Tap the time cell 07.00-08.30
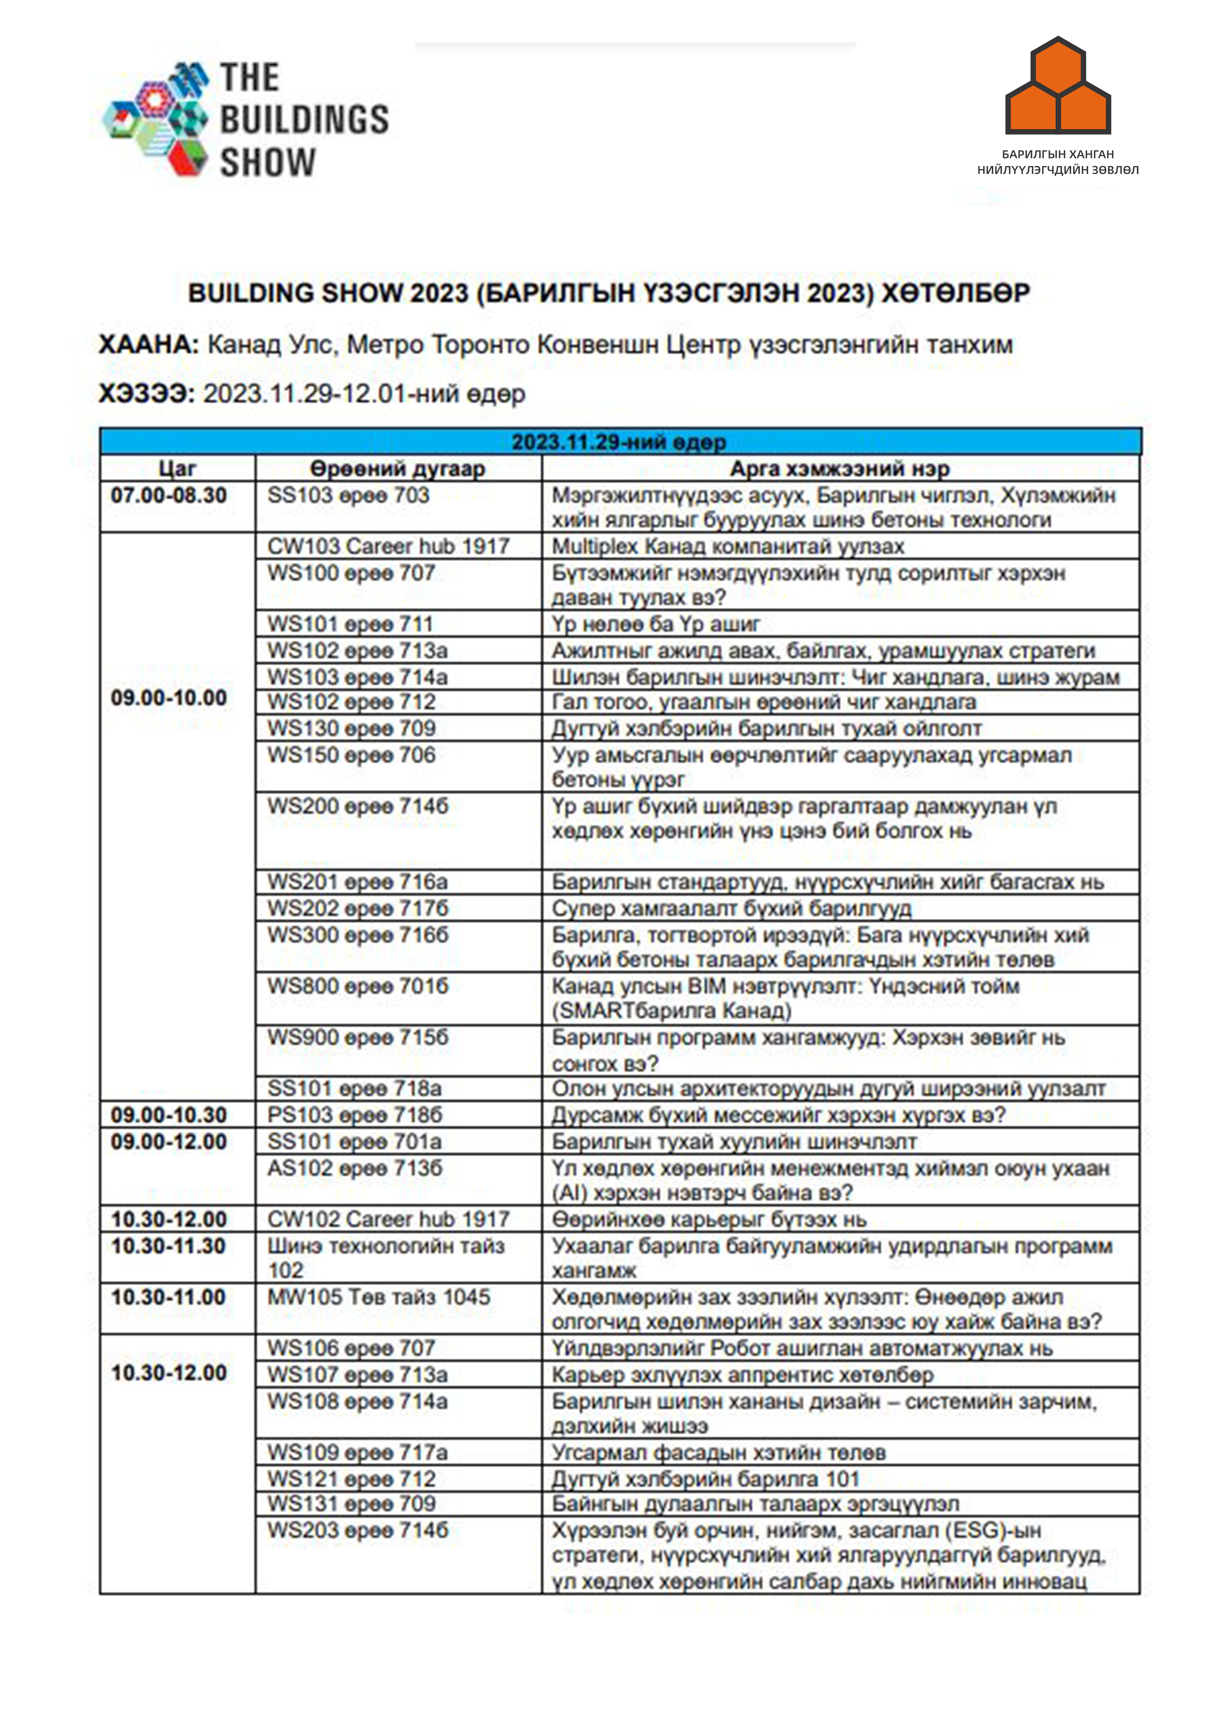point(169,495)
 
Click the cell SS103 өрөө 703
point(349,495)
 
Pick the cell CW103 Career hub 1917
point(388,546)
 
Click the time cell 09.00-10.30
point(169,1115)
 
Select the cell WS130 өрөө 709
point(352,728)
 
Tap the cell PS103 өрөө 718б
point(355,1115)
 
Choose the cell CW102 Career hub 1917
point(388,1219)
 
